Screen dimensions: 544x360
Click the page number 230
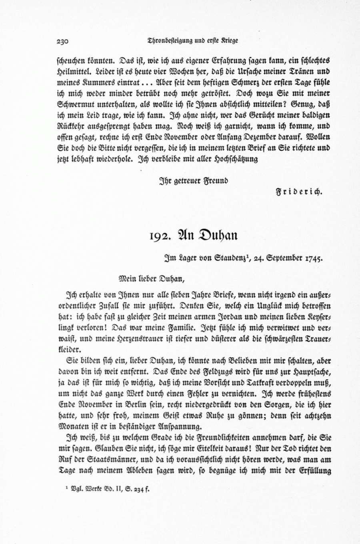pos(63,41)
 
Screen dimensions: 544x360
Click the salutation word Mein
pos(127,277)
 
